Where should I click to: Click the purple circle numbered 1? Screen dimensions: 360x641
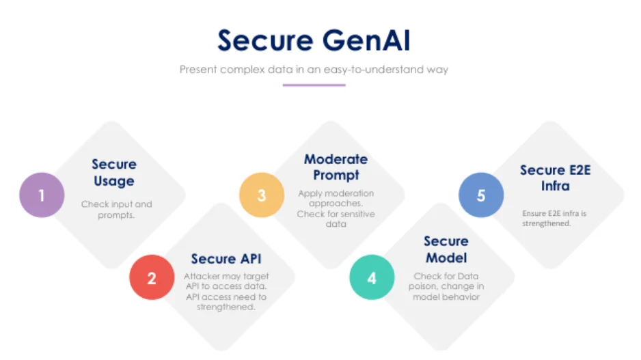coord(42,195)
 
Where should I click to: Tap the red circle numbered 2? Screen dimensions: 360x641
coord(152,277)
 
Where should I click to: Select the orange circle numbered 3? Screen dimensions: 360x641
coord(261,195)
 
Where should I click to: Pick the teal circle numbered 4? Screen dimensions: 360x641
coord(372,277)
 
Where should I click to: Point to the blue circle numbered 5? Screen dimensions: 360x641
coord(481,195)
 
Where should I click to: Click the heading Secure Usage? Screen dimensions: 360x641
coord(113,172)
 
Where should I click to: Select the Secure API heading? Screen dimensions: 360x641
coord(226,259)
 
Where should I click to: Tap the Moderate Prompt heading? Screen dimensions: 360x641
coord(336,167)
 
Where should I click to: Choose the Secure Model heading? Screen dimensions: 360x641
coord(446,249)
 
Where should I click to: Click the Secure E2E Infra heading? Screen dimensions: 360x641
coord(555,178)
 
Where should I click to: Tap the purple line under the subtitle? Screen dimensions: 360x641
coord(314,85)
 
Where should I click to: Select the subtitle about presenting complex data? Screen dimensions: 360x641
coord(314,70)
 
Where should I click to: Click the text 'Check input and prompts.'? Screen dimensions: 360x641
coord(116,209)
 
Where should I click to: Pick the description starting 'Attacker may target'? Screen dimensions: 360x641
coord(226,292)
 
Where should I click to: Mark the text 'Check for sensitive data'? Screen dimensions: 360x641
coord(336,219)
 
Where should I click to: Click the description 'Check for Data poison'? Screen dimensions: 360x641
coord(446,286)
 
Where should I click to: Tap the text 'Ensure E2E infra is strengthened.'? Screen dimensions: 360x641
coord(554,218)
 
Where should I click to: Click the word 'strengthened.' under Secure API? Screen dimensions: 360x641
coord(226,307)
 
